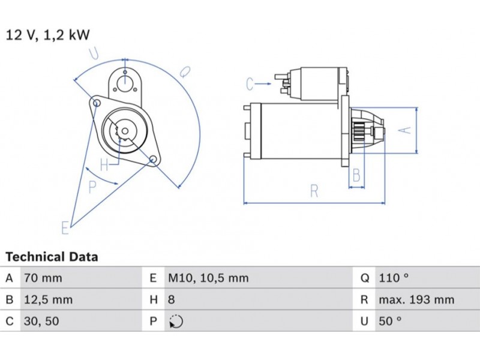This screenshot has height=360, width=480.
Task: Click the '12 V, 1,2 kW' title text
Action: pos(48,35)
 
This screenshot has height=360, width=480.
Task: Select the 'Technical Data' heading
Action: pos(52,257)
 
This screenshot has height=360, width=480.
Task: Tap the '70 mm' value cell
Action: pos(43,278)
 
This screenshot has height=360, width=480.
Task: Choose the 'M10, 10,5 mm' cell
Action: pos(208,278)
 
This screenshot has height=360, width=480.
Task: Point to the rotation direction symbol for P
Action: pos(176,322)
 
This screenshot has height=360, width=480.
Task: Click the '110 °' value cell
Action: pos(394,278)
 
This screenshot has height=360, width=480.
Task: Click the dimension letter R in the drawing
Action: pos(314,191)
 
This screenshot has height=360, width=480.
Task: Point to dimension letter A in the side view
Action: pos(406,130)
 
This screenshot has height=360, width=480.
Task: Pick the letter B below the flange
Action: pos(356,176)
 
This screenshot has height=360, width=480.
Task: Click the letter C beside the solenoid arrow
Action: pos(250,85)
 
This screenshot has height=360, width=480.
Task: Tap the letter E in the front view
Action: pos(65,227)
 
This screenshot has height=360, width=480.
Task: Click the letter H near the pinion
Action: pos(104,164)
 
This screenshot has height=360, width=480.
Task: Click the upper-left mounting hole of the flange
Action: pos(97,104)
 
